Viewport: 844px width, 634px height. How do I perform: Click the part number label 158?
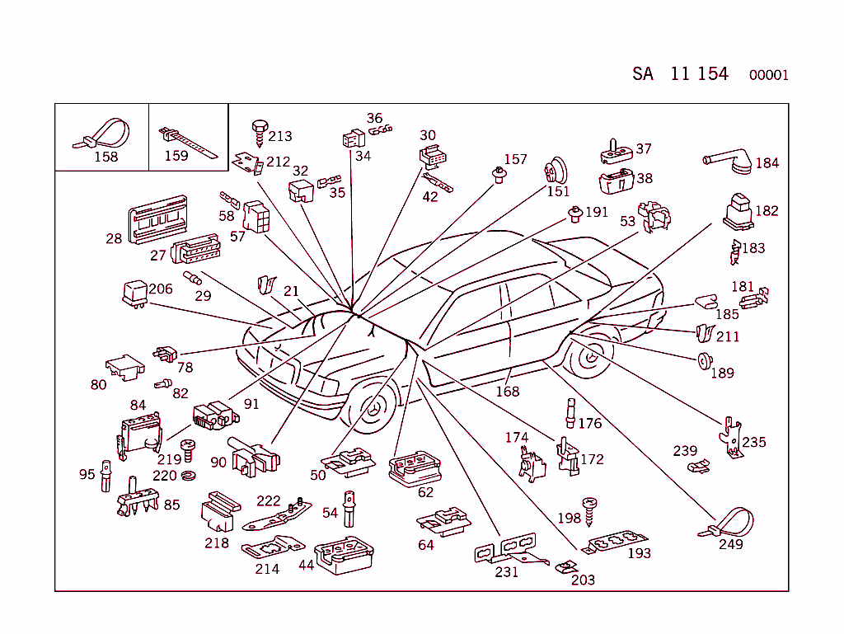[106, 157]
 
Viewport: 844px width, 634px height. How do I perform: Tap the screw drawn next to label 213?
[259, 129]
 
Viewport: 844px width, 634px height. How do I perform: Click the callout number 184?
[767, 163]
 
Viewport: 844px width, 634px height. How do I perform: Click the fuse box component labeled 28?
[157, 220]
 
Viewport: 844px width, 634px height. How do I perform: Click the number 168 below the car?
[507, 392]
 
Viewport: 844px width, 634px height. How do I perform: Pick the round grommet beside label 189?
[702, 361]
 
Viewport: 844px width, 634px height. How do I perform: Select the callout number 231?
[506, 571]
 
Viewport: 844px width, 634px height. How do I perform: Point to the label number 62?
[425, 493]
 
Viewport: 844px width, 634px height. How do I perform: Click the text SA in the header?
[643, 74]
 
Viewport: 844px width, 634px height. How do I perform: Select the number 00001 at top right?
[768, 76]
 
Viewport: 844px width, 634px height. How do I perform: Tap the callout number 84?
[138, 405]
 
